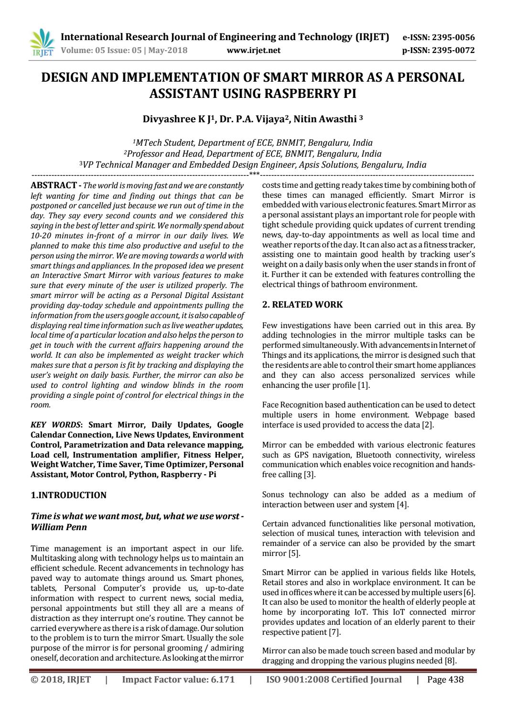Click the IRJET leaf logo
[x=42, y=42]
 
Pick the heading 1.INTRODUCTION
[x=68, y=495]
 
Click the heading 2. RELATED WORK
[x=302, y=305]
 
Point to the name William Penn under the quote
[x=59, y=527]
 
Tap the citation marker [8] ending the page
[x=450, y=661]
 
